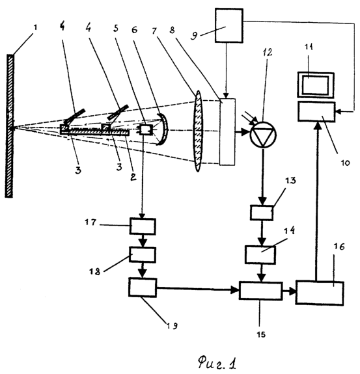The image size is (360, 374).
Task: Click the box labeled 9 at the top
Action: pyautogui.click(x=229, y=25)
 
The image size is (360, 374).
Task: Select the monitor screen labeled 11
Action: pyautogui.click(x=315, y=85)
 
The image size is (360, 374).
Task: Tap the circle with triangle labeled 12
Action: pyautogui.click(x=263, y=135)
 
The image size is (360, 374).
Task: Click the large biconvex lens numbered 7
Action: pyautogui.click(x=198, y=131)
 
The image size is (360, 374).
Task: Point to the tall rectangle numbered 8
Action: pyautogui.click(x=227, y=132)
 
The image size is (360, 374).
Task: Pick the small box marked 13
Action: pyautogui.click(x=262, y=212)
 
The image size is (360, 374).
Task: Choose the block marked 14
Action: pyautogui.click(x=260, y=254)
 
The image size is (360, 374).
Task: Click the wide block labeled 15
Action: pyautogui.click(x=261, y=291)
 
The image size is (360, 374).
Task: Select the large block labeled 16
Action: pyautogui.click(x=320, y=293)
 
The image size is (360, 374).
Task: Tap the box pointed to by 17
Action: pyautogui.click(x=143, y=226)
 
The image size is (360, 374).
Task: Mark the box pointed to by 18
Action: pyautogui.click(x=143, y=255)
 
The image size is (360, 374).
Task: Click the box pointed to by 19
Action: pyautogui.click(x=143, y=287)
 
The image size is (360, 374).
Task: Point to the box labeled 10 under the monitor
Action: pyautogui.click(x=316, y=112)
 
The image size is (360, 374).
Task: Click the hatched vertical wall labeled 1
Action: pyautogui.click(x=9, y=126)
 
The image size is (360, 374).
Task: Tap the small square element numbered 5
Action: pyautogui.click(x=146, y=130)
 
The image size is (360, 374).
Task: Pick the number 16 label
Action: pyautogui.click(x=339, y=247)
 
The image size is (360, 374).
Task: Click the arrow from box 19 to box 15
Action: pyautogui.click(x=198, y=289)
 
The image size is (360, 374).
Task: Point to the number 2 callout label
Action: pyautogui.click(x=133, y=176)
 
